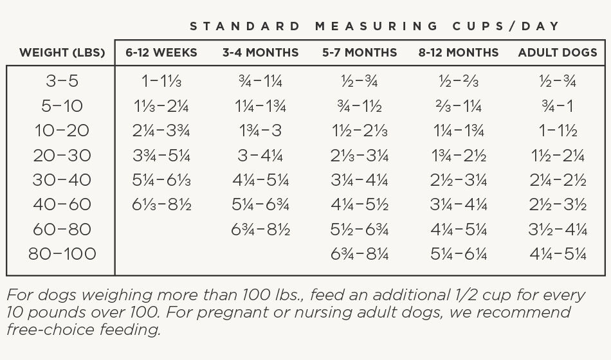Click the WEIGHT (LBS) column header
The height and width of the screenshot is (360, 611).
[x=62, y=53]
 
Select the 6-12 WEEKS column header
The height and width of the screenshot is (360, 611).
[x=161, y=53]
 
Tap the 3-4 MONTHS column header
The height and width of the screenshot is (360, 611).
[x=260, y=53]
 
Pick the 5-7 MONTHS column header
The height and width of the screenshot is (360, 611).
[x=360, y=53]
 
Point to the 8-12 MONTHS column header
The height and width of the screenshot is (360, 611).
[x=459, y=53]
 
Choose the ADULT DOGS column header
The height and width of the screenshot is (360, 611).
[x=558, y=53]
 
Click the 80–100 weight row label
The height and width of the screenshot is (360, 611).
[x=62, y=254]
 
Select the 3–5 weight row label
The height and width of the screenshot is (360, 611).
[x=62, y=81]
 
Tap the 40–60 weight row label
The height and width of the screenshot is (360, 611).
[x=62, y=204]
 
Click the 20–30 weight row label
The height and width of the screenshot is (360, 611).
[x=62, y=156]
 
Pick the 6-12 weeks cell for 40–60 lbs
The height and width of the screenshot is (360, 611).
[x=161, y=204]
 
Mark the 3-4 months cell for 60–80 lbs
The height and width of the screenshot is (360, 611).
[x=260, y=230]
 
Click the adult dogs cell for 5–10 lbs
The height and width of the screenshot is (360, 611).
[x=558, y=106]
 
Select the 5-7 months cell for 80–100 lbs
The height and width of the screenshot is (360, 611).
[x=360, y=254]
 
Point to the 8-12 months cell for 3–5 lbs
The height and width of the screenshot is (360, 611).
[x=459, y=81]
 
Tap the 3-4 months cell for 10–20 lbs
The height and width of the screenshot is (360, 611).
[x=260, y=130]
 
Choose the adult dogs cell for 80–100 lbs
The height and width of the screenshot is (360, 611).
[x=558, y=254]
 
